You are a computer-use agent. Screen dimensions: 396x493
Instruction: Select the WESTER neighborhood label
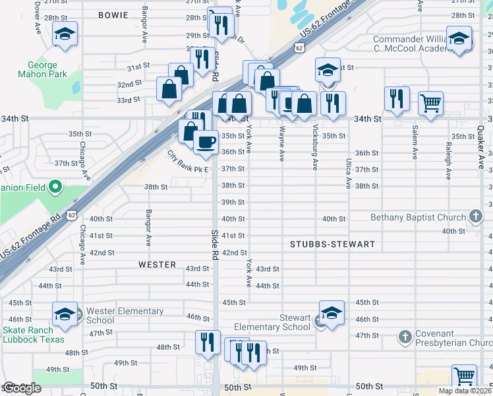157,265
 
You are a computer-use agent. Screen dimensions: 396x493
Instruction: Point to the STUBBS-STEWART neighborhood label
332,244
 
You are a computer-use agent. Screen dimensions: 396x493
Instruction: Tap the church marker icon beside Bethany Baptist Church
476,216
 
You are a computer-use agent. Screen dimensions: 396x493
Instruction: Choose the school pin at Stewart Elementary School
332,313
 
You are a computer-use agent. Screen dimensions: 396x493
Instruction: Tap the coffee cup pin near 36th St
206,141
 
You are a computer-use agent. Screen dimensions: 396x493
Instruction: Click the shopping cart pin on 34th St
430,103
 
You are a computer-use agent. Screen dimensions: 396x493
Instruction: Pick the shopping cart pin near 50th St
465,377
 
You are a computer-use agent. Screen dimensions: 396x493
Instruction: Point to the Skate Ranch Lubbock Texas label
34,335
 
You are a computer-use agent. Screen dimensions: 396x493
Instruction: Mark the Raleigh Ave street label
448,161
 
